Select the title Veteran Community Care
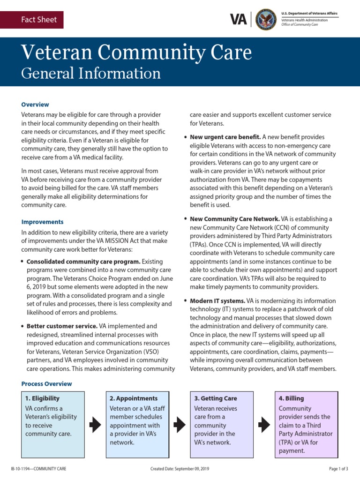click(136, 52)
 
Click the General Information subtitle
click(91, 73)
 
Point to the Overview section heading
click(35, 105)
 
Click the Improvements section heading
click(42, 222)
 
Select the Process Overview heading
click(46, 384)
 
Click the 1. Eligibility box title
click(43, 398)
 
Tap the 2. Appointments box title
click(134, 398)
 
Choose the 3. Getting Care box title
click(216, 398)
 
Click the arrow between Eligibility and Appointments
click(95, 425)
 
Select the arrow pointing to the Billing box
click(264, 425)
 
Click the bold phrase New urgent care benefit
click(225, 137)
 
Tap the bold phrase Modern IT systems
click(217, 300)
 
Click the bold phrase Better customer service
click(62, 326)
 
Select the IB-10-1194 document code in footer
click(33, 469)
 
